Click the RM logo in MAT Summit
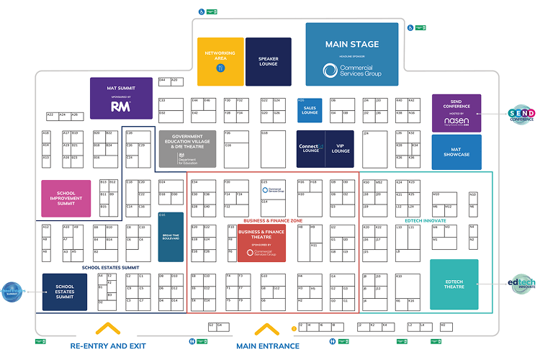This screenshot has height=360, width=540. tap(120, 107)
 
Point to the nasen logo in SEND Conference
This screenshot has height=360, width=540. tap(456, 121)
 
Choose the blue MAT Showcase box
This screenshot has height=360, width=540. tap(456, 152)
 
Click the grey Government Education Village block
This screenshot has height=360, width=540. tap(186, 148)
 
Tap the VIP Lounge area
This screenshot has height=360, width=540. tap(341, 148)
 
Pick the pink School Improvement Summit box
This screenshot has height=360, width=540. tap(66, 198)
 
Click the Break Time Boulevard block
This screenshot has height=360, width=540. tap(171, 237)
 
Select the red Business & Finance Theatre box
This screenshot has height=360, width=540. tap(261, 243)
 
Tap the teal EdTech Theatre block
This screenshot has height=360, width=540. tap(454, 284)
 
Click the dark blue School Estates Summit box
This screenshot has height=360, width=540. tap(65, 292)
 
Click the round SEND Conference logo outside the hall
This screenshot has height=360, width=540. tap(521, 114)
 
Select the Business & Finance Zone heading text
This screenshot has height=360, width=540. tap(273, 220)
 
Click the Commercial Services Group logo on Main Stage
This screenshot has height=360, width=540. tap(352, 70)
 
